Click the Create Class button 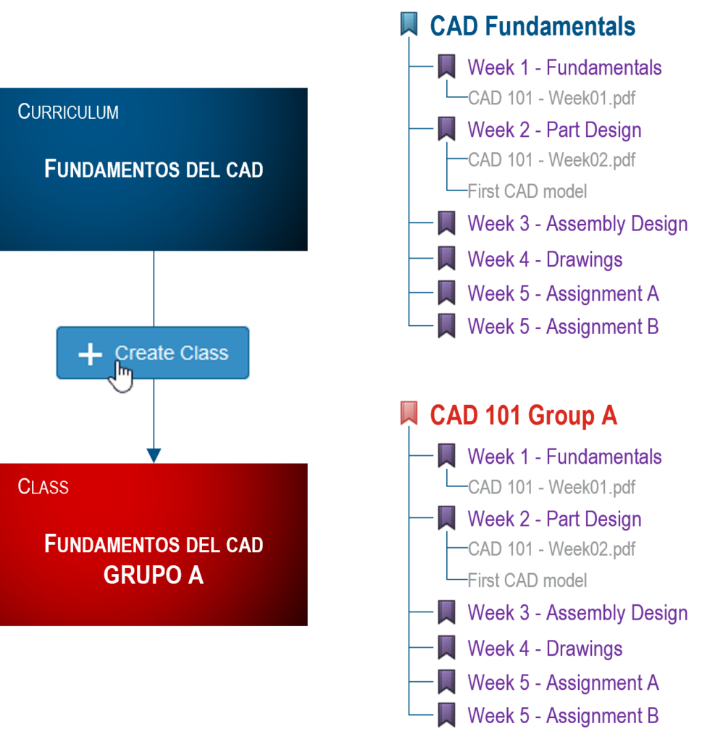pyautogui.click(x=171, y=354)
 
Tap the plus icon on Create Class pyautogui.click(x=90, y=354)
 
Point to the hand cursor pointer pyautogui.click(x=122, y=378)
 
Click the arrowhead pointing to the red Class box pyautogui.click(x=153, y=455)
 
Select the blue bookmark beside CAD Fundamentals pyautogui.click(x=409, y=24)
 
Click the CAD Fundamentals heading pyautogui.click(x=532, y=27)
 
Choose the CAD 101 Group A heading pyautogui.click(x=523, y=416)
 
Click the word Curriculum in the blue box pyautogui.click(x=68, y=112)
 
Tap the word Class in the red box pyautogui.click(x=43, y=486)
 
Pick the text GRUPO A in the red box pyautogui.click(x=153, y=575)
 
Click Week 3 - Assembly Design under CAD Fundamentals pyautogui.click(x=577, y=224)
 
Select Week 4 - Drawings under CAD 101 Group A pyautogui.click(x=545, y=649)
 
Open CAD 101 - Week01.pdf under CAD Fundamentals pyautogui.click(x=551, y=98)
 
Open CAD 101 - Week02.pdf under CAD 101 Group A pyautogui.click(x=551, y=549)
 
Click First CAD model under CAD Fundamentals pyautogui.click(x=527, y=191)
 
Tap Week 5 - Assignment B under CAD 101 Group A pyautogui.click(x=563, y=716)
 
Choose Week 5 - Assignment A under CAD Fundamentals pyautogui.click(x=563, y=293)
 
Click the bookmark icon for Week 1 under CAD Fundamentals pyautogui.click(x=446, y=67)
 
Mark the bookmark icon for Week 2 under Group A pyautogui.click(x=446, y=518)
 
